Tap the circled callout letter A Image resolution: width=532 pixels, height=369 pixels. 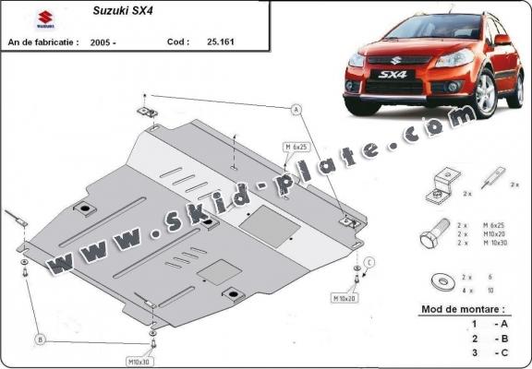point(297,110)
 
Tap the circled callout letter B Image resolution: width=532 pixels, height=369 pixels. point(40,340)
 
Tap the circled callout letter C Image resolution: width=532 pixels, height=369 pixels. point(369,264)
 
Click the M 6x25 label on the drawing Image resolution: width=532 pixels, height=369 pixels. point(296,147)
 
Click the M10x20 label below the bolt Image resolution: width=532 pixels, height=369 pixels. point(345,298)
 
